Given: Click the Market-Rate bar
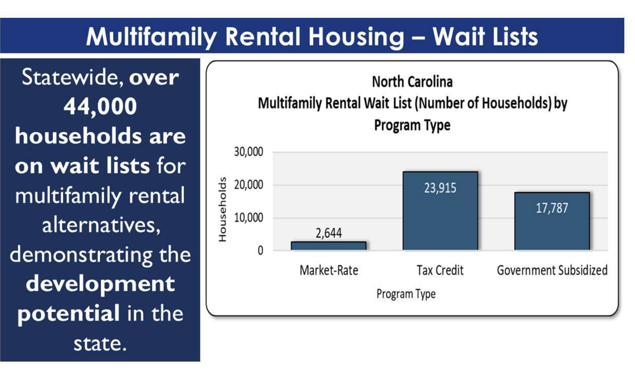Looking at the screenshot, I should [328, 245].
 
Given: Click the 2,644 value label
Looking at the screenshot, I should [329, 233].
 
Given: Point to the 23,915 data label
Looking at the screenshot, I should [440, 188].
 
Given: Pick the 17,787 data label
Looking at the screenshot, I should [551, 208].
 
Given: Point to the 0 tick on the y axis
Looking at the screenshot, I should [260, 250].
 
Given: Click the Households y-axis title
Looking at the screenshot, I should [223, 210].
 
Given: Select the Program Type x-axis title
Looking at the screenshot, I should [406, 293].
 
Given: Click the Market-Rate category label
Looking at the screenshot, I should [329, 271].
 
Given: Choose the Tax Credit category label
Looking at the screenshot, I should [440, 271].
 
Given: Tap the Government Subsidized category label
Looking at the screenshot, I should [552, 271].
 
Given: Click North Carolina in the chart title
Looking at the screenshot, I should [412, 82].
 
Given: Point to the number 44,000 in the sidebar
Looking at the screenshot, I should [100, 106].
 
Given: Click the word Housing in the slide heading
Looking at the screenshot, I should [348, 37].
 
